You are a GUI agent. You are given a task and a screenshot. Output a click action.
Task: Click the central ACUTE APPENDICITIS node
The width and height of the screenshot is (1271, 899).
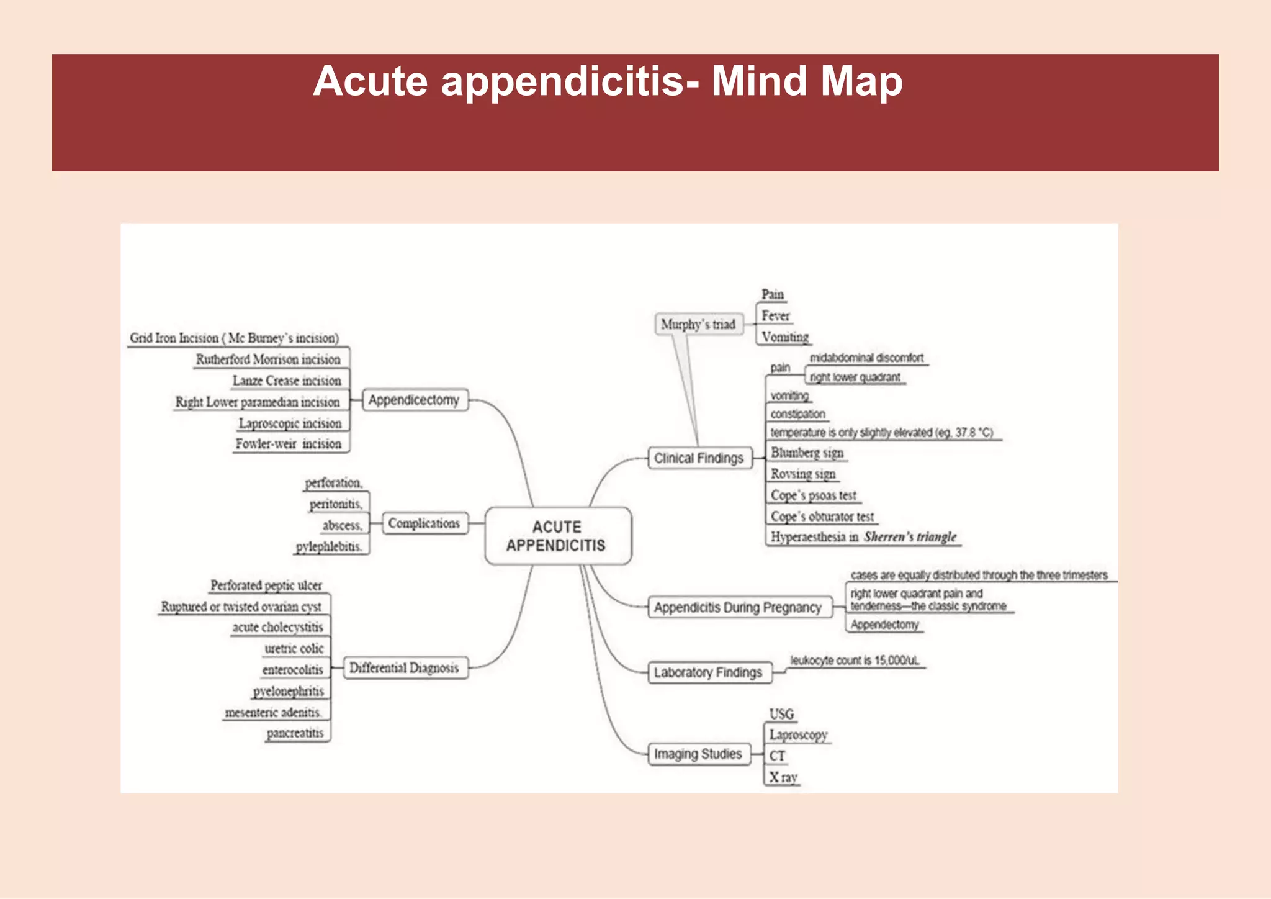[x=557, y=536]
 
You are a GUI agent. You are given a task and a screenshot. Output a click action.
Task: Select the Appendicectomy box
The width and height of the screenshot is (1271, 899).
[x=414, y=400]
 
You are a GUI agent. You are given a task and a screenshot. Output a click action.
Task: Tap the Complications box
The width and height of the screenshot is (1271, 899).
[x=424, y=523]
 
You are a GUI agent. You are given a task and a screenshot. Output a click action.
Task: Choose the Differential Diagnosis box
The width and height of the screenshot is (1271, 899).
[x=404, y=668]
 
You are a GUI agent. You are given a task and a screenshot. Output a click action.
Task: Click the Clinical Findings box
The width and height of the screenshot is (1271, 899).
[x=699, y=458]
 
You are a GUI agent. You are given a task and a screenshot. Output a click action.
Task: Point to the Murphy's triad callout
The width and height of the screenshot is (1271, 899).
[x=698, y=324]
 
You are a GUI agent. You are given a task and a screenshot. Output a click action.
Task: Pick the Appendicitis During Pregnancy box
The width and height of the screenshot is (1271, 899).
[x=737, y=607]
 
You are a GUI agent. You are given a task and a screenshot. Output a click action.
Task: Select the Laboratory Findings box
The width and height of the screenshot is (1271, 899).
[x=708, y=672]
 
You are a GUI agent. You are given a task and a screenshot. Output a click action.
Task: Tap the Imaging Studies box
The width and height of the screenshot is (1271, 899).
[x=698, y=754]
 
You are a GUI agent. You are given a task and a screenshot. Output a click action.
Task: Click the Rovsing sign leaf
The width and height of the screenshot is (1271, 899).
[x=803, y=474]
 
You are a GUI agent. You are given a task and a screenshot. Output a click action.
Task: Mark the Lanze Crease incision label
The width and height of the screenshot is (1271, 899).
[x=287, y=381]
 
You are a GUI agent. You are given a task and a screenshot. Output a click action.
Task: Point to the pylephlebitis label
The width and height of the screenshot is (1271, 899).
[x=329, y=546]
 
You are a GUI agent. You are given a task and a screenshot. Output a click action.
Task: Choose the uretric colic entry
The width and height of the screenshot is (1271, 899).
[x=294, y=648]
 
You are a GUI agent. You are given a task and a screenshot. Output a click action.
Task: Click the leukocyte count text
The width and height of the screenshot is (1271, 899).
[x=855, y=661]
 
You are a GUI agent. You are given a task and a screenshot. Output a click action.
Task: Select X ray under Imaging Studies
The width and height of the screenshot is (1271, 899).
[x=783, y=777]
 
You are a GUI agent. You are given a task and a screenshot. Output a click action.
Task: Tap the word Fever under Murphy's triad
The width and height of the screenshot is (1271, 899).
[x=776, y=315]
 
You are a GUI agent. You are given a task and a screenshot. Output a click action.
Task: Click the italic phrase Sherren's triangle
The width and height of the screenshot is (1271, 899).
[x=910, y=536]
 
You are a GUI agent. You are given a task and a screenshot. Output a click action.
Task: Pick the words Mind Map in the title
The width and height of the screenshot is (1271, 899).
[x=807, y=81]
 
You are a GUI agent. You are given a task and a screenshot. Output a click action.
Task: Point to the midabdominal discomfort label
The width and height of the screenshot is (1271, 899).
[x=866, y=358]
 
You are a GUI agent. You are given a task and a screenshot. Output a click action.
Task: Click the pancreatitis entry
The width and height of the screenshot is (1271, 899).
[x=295, y=733]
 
